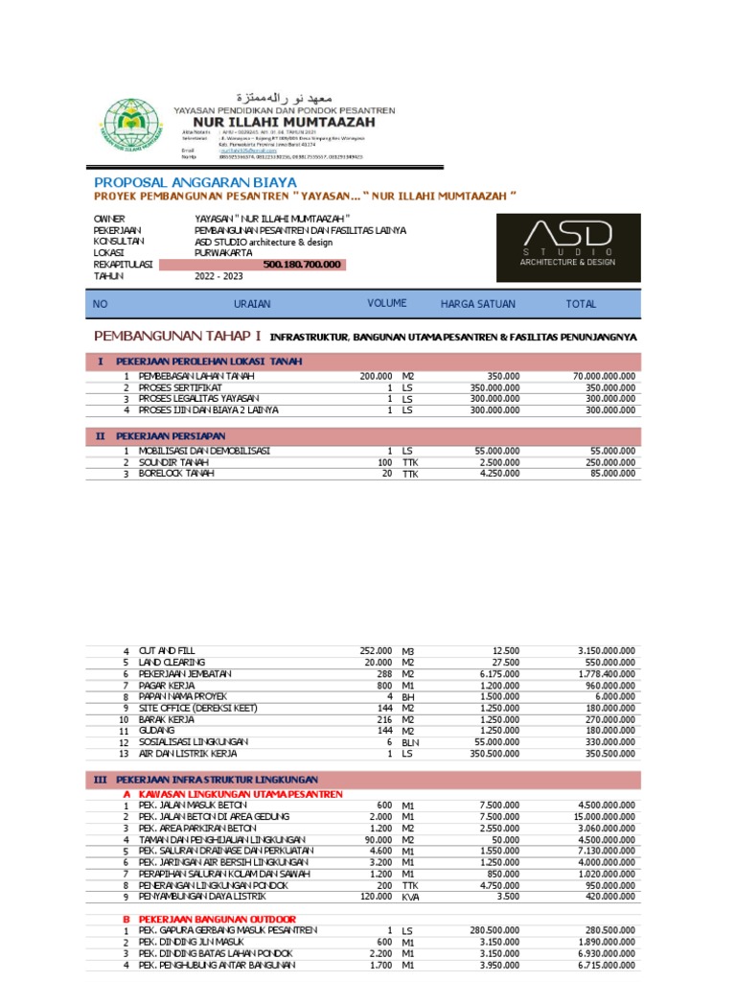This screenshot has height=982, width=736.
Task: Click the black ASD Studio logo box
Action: pos(568,246)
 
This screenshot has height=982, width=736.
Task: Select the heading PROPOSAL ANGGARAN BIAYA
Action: pos(195,182)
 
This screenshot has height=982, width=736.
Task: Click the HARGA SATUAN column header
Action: pos(477,304)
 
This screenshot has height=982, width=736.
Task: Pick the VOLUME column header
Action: pos(387,304)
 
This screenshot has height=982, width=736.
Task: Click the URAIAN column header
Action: pos(253,304)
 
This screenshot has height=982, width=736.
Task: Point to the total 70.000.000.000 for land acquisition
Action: pos(604,376)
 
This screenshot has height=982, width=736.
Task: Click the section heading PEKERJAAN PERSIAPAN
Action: pos(165,436)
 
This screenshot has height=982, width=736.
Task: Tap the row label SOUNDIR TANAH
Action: pos(176,462)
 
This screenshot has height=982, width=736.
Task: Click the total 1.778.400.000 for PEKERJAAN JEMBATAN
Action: pos(607,674)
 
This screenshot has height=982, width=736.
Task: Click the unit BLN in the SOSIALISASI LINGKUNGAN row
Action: pos(410,742)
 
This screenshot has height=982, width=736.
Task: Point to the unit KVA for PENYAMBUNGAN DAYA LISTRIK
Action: pos(410,898)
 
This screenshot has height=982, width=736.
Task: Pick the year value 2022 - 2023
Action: pos(218,276)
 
